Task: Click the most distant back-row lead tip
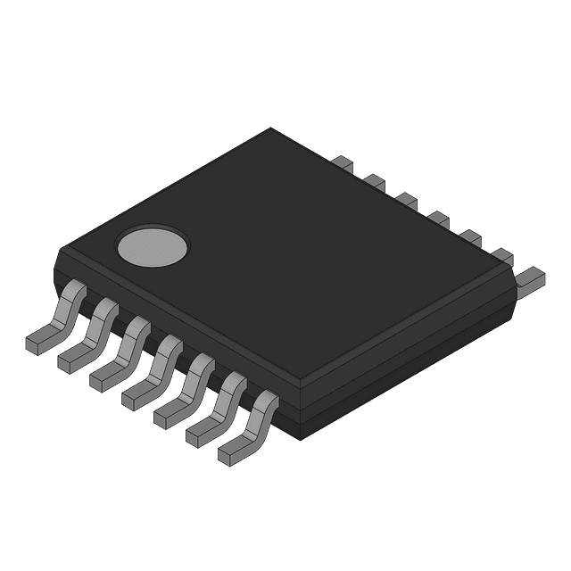point(343,163)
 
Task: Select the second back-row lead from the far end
point(375,180)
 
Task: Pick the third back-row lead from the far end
point(406,197)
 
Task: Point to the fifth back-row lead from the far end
point(469,236)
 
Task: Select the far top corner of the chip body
point(270,129)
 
